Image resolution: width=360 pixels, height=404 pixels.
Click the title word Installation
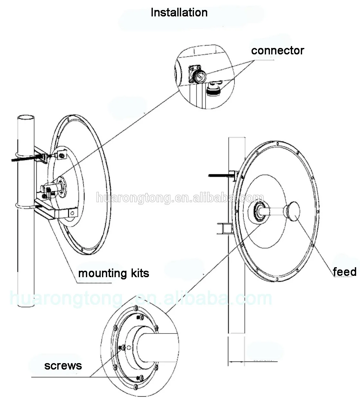(x=179, y=13)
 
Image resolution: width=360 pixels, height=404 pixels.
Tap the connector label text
(x=277, y=51)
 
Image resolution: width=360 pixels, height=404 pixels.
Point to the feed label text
(x=345, y=272)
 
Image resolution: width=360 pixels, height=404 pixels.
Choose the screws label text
(x=63, y=366)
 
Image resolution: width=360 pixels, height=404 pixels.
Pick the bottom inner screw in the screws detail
(x=139, y=377)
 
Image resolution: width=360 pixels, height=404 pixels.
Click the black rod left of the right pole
(x=219, y=175)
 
